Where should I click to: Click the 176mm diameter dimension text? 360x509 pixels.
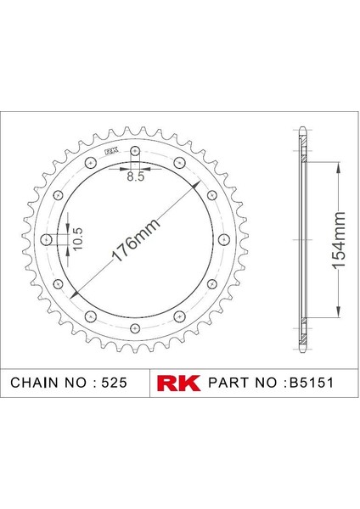coord(136,239)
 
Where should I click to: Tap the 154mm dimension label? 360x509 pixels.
coord(338,240)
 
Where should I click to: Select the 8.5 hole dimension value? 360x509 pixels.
coord(136,177)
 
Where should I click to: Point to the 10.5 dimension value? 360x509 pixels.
coord(78,239)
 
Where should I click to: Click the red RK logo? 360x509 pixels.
coord(178,383)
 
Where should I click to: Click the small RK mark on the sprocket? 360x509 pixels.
coord(111,151)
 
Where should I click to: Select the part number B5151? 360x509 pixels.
coord(312,383)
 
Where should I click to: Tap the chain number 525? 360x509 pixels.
coord(114,383)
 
